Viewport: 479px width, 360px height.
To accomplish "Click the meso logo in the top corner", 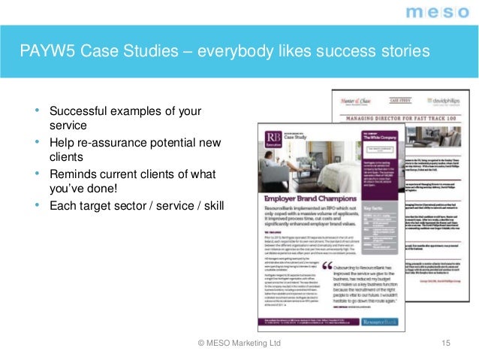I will pyautogui.click(x=438, y=12).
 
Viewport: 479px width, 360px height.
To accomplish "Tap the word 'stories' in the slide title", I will pyautogui.click(x=402, y=52).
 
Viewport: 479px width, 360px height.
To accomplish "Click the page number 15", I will pyautogui.click(x=447, y=343).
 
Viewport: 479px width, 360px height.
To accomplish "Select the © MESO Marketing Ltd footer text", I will pyautogui.click(x=239, y=343).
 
